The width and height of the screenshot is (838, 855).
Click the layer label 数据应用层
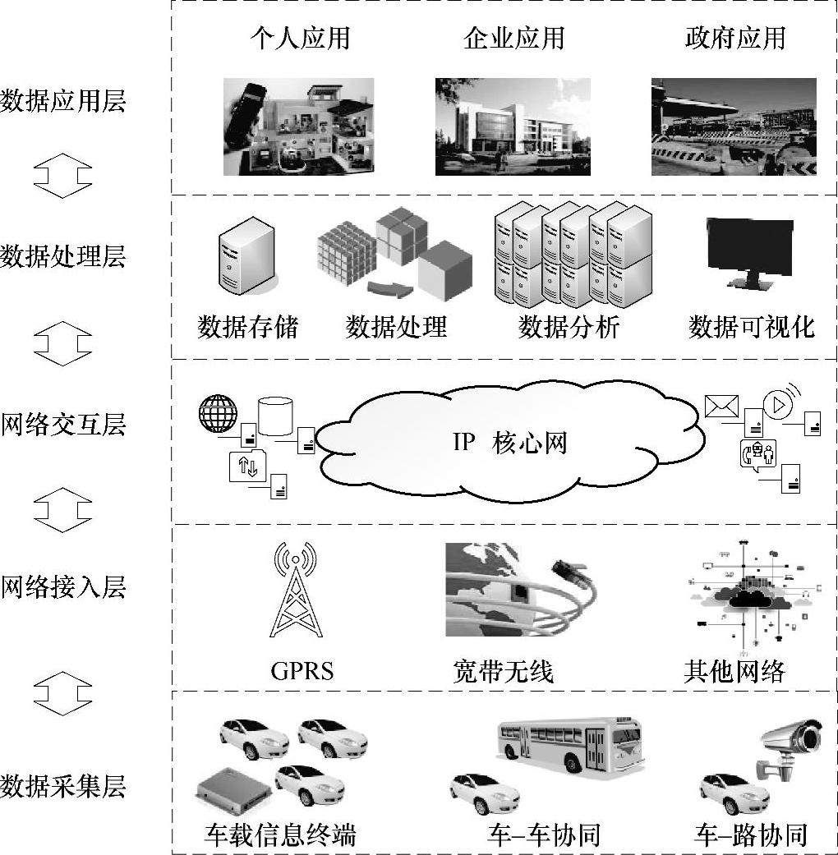62,103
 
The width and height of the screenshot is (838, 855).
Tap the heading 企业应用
513,39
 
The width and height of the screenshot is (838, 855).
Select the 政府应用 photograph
733,126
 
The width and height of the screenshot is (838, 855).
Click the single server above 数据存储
245,255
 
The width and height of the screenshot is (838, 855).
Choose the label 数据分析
569,328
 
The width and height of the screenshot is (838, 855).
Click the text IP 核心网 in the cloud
509,444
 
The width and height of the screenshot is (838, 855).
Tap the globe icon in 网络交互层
218,414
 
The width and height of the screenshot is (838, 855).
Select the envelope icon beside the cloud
721,407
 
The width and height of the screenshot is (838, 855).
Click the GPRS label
302,671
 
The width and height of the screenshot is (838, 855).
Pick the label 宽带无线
503,672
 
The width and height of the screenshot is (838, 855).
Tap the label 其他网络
734,672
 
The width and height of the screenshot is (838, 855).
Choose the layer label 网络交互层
62,425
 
